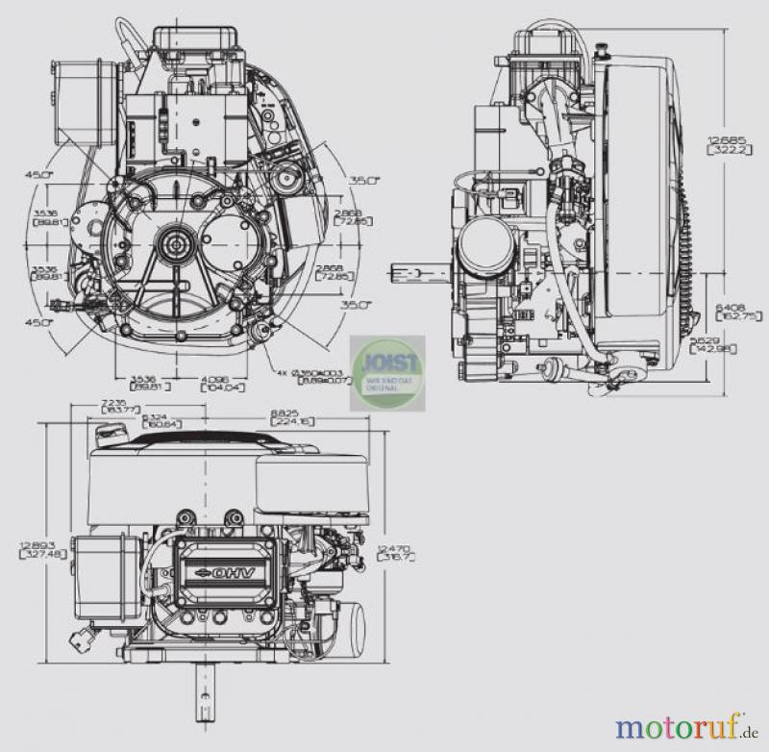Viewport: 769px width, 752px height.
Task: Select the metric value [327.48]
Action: pos(34,556)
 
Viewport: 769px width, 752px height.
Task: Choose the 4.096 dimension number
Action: pos(214,377)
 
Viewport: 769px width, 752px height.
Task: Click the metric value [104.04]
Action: pos(214,389)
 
